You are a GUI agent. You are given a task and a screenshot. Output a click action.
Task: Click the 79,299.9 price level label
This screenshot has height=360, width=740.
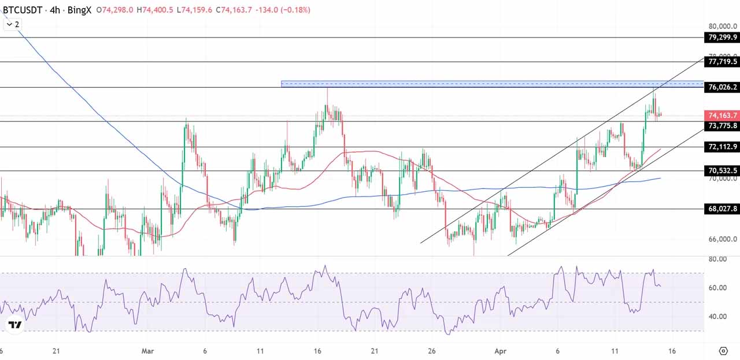(x=722, y=38)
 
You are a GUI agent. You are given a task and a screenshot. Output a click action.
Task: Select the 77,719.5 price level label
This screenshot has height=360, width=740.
(x=722, y=61)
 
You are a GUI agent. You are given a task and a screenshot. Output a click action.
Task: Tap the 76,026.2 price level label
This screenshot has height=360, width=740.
(x=722, y=87)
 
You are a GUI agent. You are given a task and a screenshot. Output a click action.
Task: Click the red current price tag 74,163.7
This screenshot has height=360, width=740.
(x=722, y=116)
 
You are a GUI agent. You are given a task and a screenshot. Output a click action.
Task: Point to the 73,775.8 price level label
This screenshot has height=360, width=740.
(x=722, y=125)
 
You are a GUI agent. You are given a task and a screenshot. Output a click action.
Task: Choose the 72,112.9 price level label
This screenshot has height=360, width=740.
(x=722, y=147)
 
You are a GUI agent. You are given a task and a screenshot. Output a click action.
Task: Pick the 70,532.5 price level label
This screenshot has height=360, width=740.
(x=722, y=170)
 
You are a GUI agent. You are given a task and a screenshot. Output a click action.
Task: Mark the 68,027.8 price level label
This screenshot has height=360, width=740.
(x=722, y=209)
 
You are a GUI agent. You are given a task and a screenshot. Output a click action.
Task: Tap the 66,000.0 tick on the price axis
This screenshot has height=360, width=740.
(x=722, y=239)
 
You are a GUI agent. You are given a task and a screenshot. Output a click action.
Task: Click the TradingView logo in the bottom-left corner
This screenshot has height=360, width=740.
(x=16, y=325)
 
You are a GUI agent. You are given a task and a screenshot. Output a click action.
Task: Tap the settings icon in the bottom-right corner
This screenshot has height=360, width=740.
(x=723, y=351)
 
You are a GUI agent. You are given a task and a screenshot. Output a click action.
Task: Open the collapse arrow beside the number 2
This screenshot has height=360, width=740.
(x=8, y=24)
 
